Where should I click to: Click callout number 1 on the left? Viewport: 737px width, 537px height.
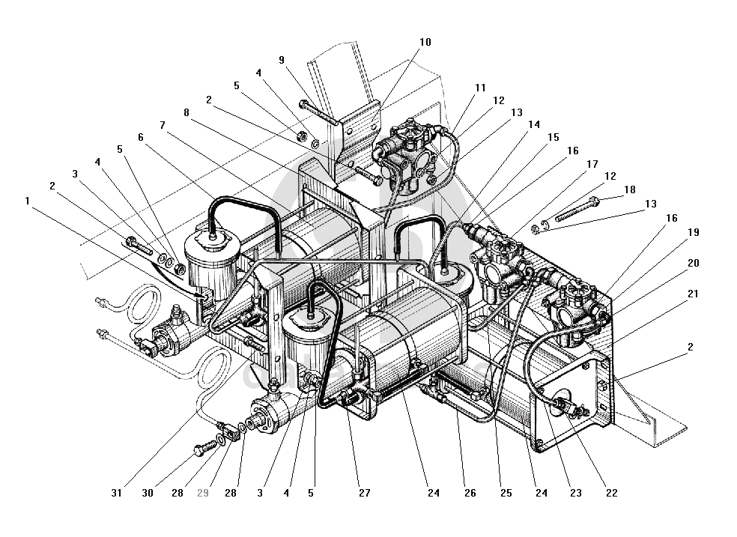pyautogui.click(x=28, y=201)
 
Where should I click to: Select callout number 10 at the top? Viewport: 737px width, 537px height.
pyautogui.click(x=425, y=43)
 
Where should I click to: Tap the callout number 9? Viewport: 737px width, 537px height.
pyautogui.click(x=281, y=60)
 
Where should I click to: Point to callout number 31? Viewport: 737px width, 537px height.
pyautogui.click(x=116, y=493)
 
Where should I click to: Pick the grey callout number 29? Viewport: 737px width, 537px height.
pyautogui.click(x=202, y=493)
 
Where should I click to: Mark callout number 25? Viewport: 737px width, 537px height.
pyautogui.click(x=506, y=493)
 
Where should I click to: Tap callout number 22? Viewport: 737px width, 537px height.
pyautogui.click(x=611, y=493)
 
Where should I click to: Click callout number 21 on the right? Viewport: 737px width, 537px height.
pyautogui.click(x=693, y=294)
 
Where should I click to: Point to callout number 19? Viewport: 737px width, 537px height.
pyautogui.click(x=693, y=233)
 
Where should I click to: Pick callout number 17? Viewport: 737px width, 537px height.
pyautogui.click(x=592, y=164)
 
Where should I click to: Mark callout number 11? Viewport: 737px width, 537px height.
pyautogui.click(x=480, y=88)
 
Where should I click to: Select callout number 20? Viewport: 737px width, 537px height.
pyautogui.click(x=693, y=264)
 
